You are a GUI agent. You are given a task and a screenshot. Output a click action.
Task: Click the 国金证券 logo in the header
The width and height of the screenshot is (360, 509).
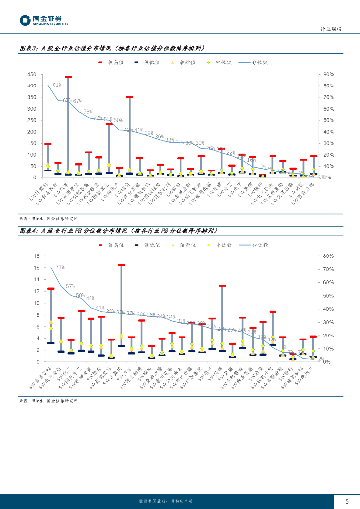click(x=44, y=20)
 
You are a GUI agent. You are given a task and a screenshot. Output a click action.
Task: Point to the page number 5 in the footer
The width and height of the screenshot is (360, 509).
click(x=347, y=501)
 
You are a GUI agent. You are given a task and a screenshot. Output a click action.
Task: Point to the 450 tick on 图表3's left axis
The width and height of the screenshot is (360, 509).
click(x=31, y=74)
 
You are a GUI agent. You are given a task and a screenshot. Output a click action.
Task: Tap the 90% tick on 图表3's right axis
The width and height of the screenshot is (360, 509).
click(x=328, y=74)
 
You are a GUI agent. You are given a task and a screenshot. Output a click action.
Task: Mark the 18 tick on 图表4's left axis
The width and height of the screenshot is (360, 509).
click(x=36, y=256)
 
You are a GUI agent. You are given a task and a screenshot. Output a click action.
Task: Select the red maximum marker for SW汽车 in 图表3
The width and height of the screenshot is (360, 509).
click(x=68, y=77)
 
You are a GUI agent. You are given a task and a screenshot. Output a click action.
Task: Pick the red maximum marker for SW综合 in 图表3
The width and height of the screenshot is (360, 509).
click(x=129, y=97)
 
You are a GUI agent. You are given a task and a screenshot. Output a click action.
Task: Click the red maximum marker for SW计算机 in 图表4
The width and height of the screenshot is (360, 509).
click(x=121, y=265)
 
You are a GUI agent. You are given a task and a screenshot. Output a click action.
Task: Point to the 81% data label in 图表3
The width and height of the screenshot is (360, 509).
click(x=57, y=85)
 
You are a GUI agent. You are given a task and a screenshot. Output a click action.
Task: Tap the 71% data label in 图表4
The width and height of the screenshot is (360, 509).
click(x=60, y=267)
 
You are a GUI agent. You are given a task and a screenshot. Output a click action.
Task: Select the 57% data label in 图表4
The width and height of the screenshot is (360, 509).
click(x=70, y=286)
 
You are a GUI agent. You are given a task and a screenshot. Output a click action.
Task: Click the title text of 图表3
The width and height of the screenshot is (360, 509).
click(x=111, y=48)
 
